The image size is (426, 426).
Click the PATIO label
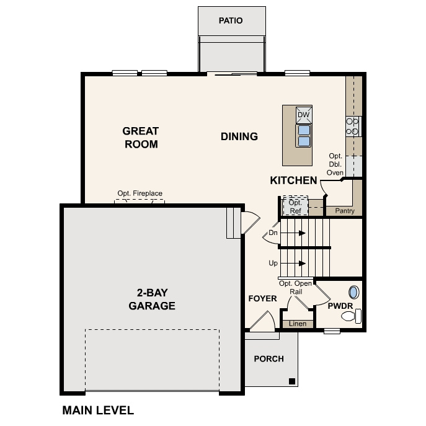click(230, 20)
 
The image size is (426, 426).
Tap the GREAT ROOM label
click(140, 138)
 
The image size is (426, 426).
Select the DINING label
click(239, 136)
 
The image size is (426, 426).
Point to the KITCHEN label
click(293, 180)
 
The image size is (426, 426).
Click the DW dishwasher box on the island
click(303, 115)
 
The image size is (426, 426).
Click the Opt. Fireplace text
click(140, 193)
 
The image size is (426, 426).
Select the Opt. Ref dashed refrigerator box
click(295, 206)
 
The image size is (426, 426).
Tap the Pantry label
click(344, 211)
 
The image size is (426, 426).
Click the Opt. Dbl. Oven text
click(335, 164)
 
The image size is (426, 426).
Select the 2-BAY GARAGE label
click(152, 300)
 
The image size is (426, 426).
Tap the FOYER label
click(262, 299)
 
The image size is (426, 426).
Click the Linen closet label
click(298, 324)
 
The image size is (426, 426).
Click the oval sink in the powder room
click(354, 293)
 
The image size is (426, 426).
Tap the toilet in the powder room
click(350, 317)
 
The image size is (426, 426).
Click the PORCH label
click(269, 358)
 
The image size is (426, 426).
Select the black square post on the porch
click(292, 381)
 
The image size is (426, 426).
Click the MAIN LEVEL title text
click(98, 410)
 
